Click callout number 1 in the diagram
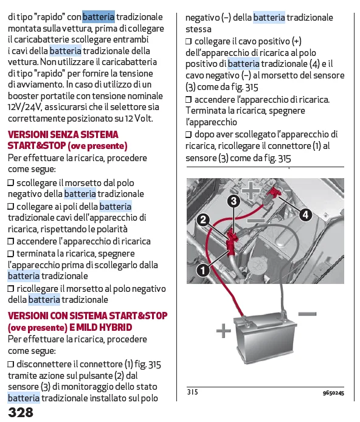203,269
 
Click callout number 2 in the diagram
203,220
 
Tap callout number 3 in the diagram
234,201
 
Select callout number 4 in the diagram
305,215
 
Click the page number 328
21,412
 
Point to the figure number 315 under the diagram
193,392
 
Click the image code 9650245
333,393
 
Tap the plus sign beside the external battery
224,331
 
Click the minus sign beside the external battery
307,314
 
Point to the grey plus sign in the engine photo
251,190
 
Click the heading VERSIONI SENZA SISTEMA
63,134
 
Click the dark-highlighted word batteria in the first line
99,16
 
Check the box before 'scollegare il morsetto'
10,183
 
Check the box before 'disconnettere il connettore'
10,364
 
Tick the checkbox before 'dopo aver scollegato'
189,134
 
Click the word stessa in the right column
198,29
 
